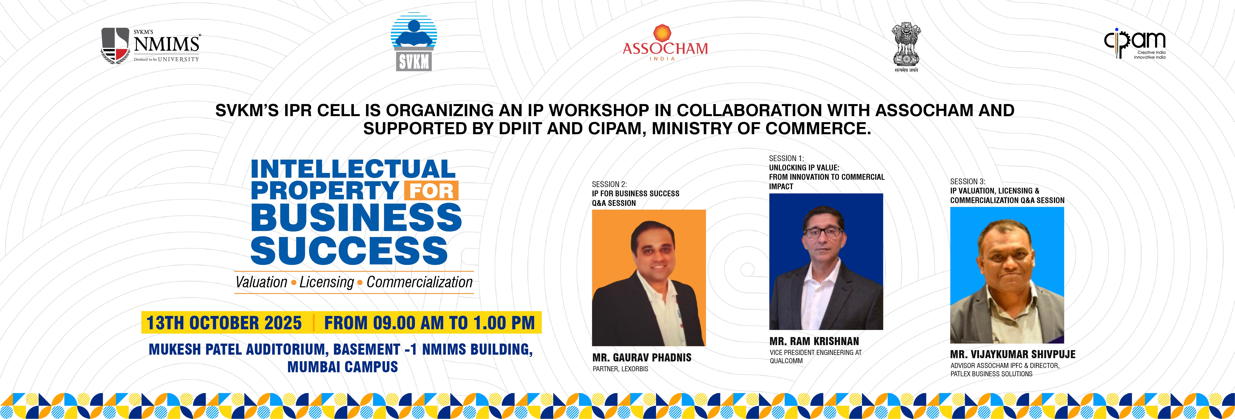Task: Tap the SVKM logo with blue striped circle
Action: coord(414,42)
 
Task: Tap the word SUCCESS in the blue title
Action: coord(349,250)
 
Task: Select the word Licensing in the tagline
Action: coord(327,282)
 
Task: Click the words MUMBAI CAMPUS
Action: coord(343,367)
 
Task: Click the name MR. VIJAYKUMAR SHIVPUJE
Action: coord(1012,354)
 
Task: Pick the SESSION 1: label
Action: coord(786,158)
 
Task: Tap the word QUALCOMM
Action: coord(786,361)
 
